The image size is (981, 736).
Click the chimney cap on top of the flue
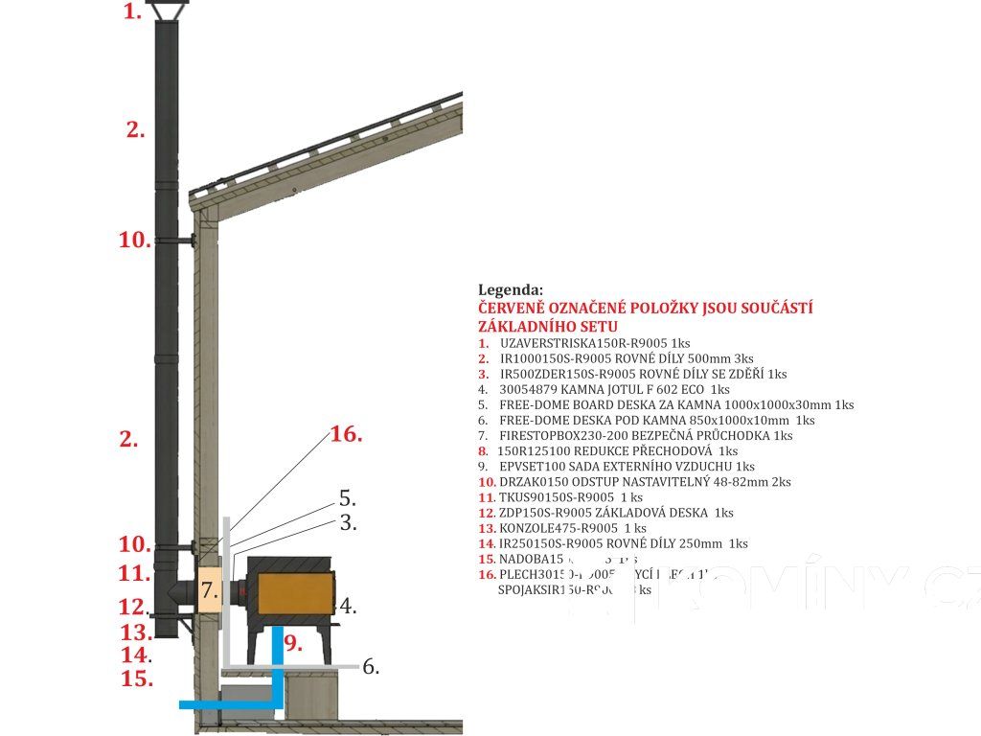[x=166, y=11]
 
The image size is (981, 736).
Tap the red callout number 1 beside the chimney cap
[x=132, y=12]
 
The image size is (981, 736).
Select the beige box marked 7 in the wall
[x=210, y=589]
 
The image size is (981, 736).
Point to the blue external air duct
[x=277, y=671]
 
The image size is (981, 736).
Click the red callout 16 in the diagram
[x=346, y=434]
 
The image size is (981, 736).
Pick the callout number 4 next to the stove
[x=348, y=607]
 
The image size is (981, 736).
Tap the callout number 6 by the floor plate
[x=371, y=667]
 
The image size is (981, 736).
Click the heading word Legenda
[x=511, y=289]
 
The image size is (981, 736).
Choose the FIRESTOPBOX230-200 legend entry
[x=635, y=435]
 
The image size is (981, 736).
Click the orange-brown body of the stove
[x=291, y=584]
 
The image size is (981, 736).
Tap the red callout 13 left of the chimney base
[x=135, y=632]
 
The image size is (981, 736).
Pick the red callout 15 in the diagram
[x=137, y=679]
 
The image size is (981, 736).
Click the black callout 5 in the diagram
[x=347, y=499]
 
